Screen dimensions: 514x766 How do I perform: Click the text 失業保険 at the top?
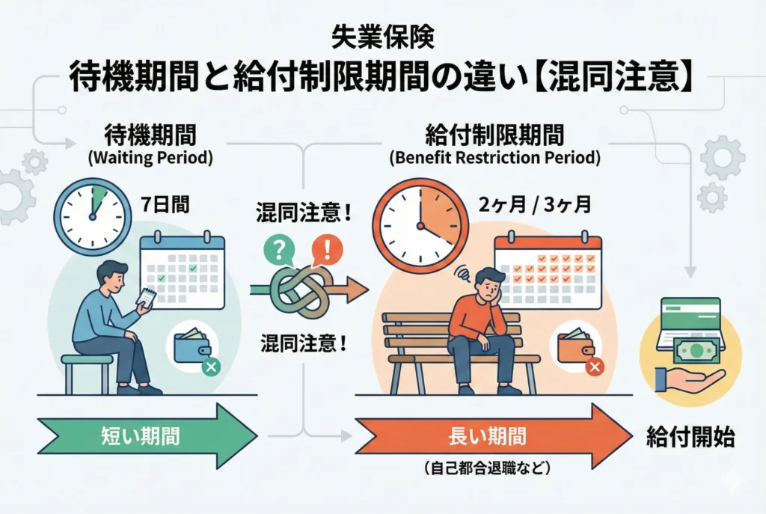[x=382, y=35]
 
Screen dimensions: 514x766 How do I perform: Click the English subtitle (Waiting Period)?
[x=151, y=159]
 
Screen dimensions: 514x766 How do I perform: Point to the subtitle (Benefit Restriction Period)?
[x=494, y=159]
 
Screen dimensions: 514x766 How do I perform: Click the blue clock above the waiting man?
[x=92, y=215]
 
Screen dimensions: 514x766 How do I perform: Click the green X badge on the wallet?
[x=212, y=367]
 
